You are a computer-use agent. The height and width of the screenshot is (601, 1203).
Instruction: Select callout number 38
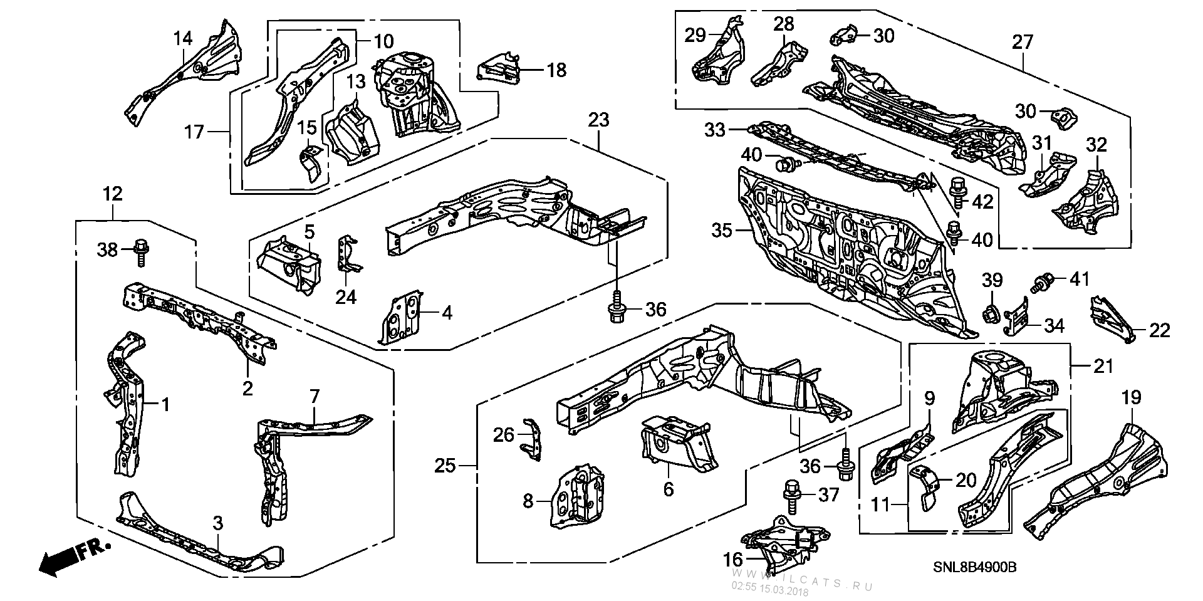coord(107,249)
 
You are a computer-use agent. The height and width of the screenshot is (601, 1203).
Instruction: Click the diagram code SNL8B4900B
coord(972,567)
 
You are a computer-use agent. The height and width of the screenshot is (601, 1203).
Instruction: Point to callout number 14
coord(182,38)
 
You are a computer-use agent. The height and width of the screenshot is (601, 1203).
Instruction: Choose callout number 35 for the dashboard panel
coord(722,231)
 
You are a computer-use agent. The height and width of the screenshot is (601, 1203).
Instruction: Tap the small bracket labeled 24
coord(348,254)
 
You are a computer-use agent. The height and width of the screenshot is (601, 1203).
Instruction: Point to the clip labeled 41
coord(1041,284)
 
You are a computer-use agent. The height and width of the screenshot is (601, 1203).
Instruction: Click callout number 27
coord(1022,42)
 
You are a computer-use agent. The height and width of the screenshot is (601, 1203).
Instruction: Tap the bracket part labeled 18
coord(500,67)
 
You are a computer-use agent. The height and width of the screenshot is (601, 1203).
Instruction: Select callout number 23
coord(598,119)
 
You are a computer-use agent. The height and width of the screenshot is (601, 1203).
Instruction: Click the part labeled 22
coord(1110,318)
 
